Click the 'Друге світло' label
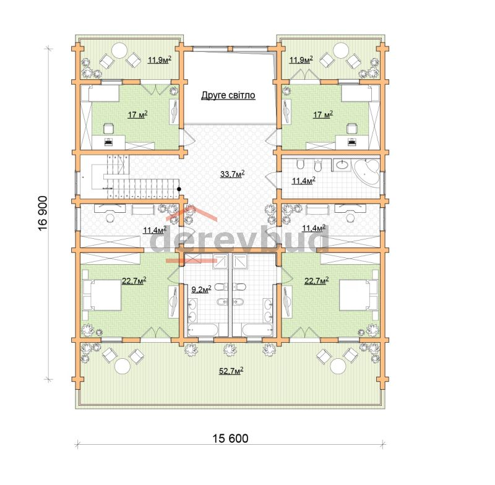tap(228, 95)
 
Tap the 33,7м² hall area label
tap(233, 174)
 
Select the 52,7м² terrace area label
tap(231, 371)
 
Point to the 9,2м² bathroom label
tap(201, 289)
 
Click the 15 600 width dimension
tap(230, 439)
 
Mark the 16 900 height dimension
tap(42, 213)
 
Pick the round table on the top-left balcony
tap(119, 51)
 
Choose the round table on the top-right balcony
tap(342, 51)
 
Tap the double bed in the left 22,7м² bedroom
tap(101, 294)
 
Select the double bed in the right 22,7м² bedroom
tap(359, 294)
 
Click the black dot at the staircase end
tap(179, 189)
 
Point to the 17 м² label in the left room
tap(137, 115)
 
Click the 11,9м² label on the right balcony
tap(301, 59)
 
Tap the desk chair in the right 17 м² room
tap(352, 128)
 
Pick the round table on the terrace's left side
tap(122, 366)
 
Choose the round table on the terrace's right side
tap(338, 366)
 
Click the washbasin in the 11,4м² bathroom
tap(342, 165)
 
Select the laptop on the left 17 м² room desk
tap(108, 142)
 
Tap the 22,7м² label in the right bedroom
tap(316, 280)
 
